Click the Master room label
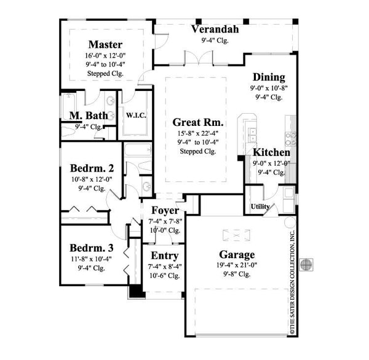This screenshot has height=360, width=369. tap(105, 44)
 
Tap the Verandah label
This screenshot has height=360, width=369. tap(215, 29)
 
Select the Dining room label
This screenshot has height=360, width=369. tap(268, 77)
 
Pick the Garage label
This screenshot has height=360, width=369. tap(237, 254)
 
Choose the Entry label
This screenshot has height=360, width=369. tap(165, 256)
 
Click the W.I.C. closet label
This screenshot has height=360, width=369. tap(135, 114)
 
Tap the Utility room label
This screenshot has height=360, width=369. tap(260, 206)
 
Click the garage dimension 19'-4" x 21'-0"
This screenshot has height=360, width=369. tap(237, 265)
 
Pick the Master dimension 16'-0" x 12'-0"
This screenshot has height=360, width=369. tap(105, 55)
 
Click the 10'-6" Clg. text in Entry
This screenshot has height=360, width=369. tap(165, 276)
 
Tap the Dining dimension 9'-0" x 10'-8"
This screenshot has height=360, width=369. tap(268, 88)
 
